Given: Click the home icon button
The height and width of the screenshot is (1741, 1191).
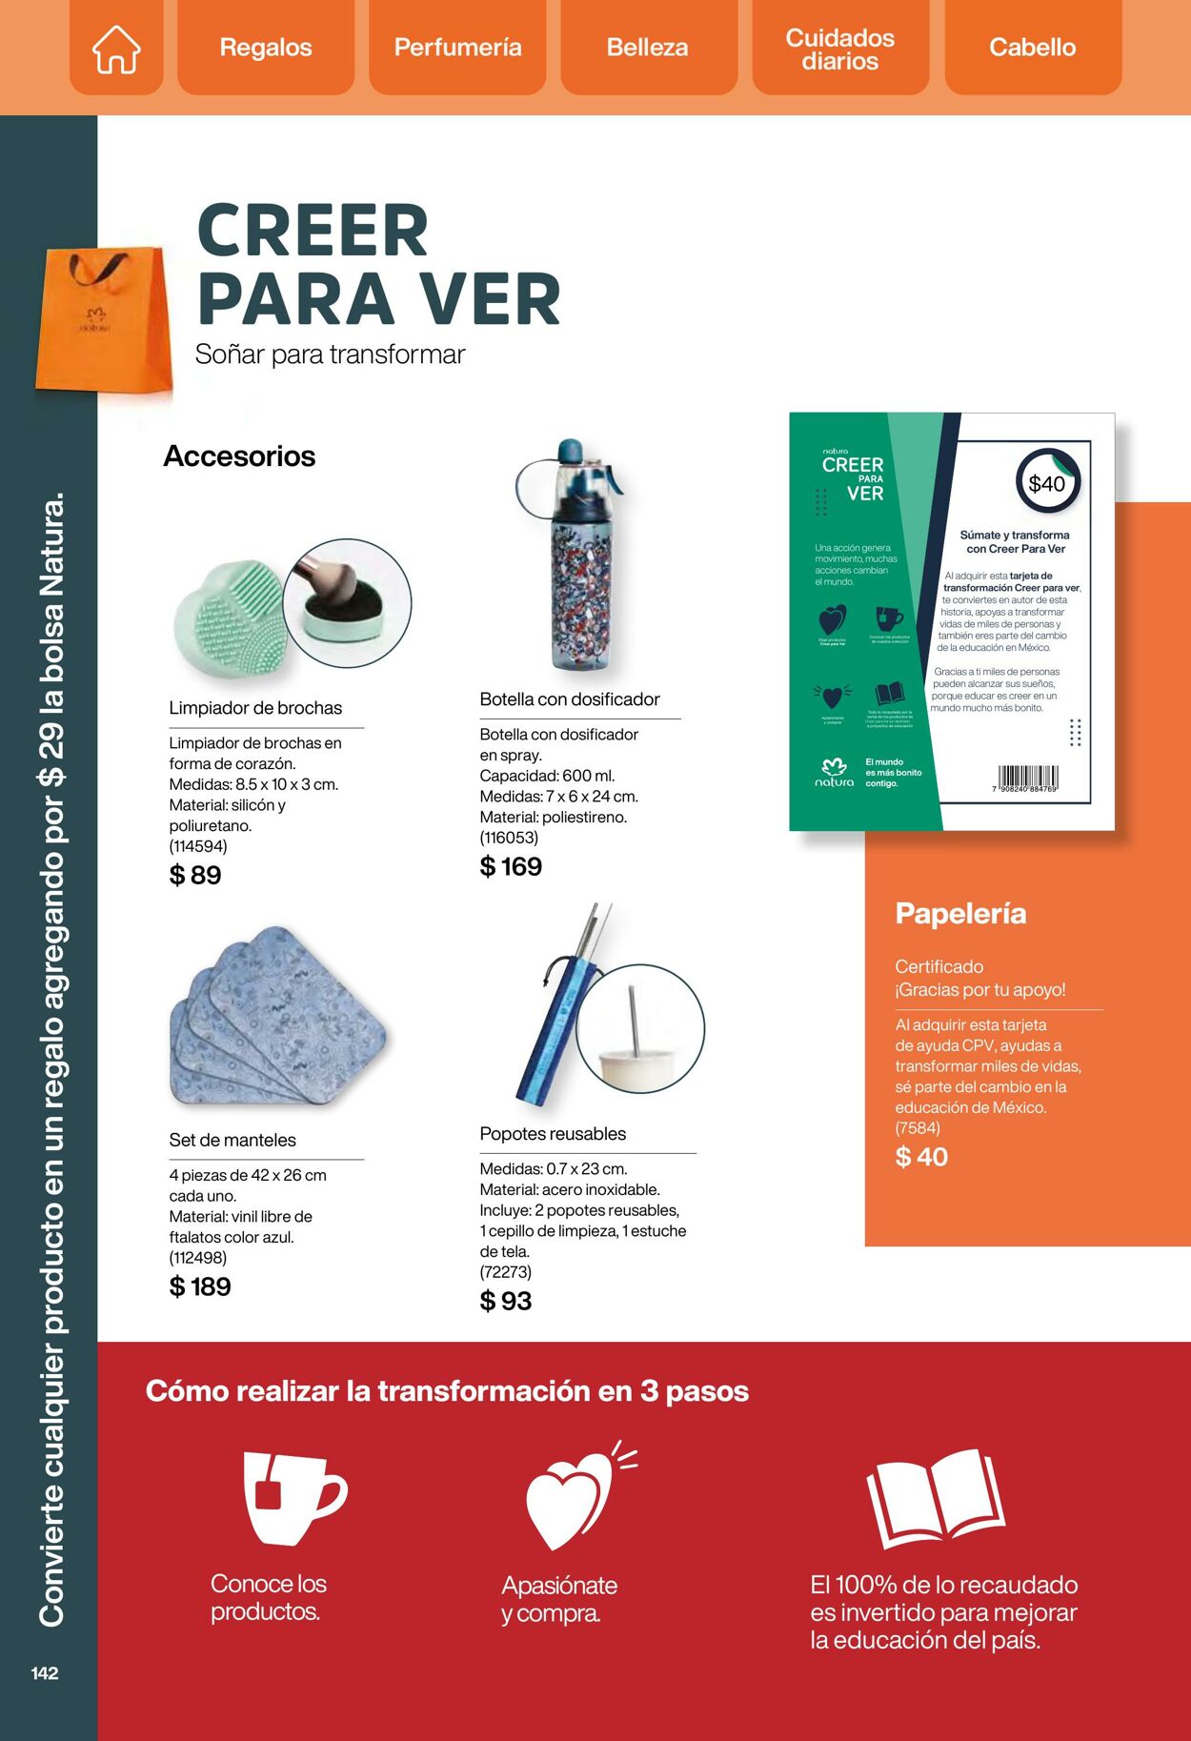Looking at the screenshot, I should pyautogui.click(x=116, y=48).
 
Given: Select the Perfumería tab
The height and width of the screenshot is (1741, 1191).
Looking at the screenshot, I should pyautogui.click(x=457, y=48).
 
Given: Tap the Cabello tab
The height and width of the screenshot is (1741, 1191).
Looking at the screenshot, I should pyautogui.click(x=1032, y=48).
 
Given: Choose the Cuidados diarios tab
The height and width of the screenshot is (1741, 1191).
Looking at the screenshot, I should pyautogui.click(x=839, y=49).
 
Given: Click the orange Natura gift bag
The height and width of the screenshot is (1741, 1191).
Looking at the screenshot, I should pyautogui.click(x=103, y=320).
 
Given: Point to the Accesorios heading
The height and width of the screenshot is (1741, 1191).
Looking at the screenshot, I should pyautogui.click(x=239, y=456).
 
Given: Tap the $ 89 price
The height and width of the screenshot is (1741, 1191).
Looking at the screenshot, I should pyautogui.click(x=195, y=875).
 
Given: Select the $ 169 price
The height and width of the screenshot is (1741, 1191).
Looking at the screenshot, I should pyautogui.click(x=511, y=866).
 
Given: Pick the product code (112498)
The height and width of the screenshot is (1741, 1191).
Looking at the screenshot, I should pyautogui.click(x=198, y=1258).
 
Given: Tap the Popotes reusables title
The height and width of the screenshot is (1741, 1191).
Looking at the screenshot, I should pyautogui.click(x=553, y=1134).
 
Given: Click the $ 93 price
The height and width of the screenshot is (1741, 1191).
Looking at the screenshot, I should pyautogui.click(x=506, y=1301).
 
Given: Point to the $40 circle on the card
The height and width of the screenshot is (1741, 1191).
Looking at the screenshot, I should pyautogui.click(x=1047, y=483).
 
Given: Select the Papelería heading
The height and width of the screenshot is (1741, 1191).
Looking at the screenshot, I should pyautogui.click(x=960, y=913).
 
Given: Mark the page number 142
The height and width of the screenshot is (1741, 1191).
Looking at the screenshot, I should pyautogui.click(x=45, y=1673).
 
